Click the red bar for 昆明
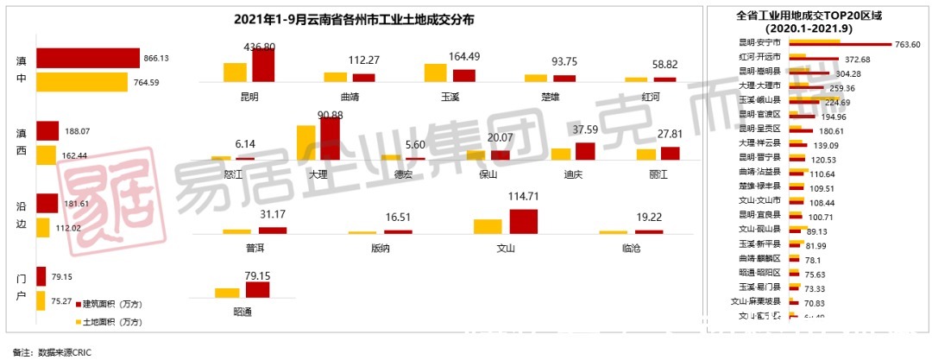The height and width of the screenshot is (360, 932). [x=263, y=65]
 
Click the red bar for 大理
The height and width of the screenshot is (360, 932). [x=330, y=139]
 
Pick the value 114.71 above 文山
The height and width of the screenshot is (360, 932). [x=523, y=198]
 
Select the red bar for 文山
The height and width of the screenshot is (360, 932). [x=523, y=222]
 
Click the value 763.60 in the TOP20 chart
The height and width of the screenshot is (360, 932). [x=907, y=45]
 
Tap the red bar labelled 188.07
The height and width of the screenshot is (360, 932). [x=47, y=131]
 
